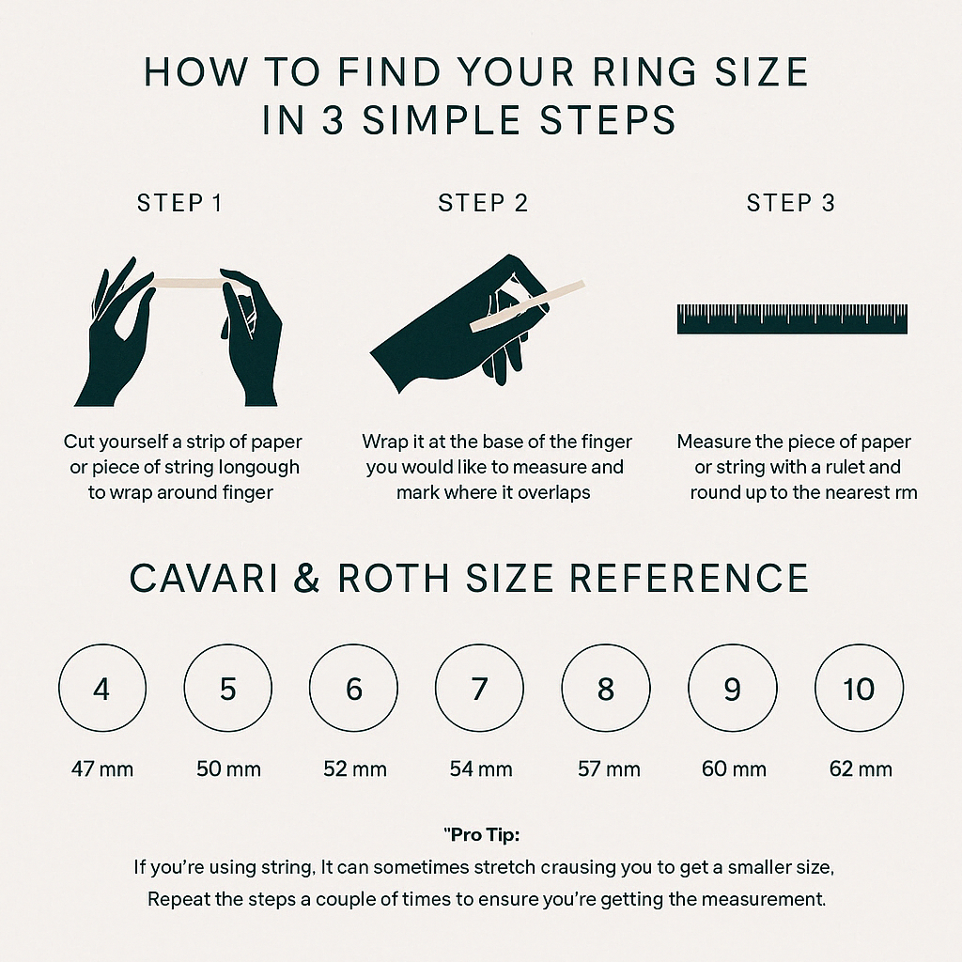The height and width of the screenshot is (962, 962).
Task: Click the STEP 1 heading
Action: pyautogui.click(x=179, y=203)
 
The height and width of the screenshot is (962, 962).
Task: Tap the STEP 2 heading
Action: pyautogui.click(x=483, y=203)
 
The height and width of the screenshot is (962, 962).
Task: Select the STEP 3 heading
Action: pyautogui.click(x=791, y=203)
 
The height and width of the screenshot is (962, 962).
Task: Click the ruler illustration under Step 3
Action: pyautogui.click(x=792, y=319)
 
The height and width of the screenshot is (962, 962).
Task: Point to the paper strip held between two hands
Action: pyautogui.click(x=187, y=283)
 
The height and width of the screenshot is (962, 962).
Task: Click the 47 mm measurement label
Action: pyautogui.click(x=102, y=768)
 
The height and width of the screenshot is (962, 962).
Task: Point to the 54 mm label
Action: pyautogui.click(x=481, y=768)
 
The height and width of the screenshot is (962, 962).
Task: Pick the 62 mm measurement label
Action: pyautogui.click(x=861, y=768)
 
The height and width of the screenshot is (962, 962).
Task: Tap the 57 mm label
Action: pyautogui.click(x=609, y=768)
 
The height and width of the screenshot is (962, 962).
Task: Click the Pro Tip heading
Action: pyautogui.click(x=482, y=835)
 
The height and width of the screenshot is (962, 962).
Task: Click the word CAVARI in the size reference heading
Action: pyautogui.click(x=204, y=578)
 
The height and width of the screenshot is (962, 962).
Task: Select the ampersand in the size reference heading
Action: pyautogui.click(x=307, y=578)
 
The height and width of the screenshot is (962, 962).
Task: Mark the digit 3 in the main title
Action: pyautogui.click(x=334, y=119)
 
